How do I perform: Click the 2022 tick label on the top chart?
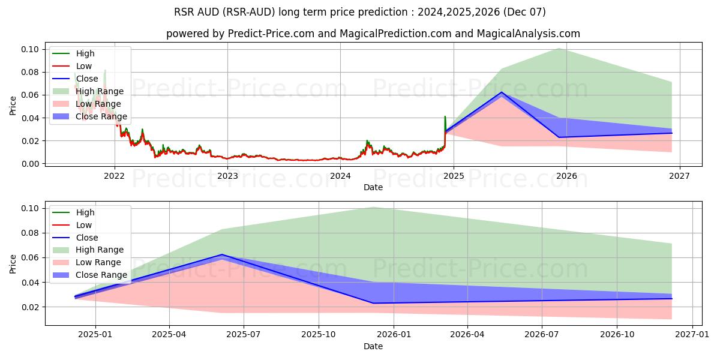tap(114, 176)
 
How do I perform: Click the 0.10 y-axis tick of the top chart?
tap(30, 49)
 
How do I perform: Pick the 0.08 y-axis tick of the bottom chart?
tap(30, 233)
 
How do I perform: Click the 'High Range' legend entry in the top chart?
tap(99, 91)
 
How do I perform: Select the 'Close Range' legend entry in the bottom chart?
tap(101, 275)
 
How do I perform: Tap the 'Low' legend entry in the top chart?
tap(84, 66)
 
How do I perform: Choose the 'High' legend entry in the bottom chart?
tap(85, 212)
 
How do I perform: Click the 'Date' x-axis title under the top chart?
tap(373, 187)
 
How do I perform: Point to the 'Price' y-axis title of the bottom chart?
tap(13, 263)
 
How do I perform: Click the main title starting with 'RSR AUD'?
tap(360, 12)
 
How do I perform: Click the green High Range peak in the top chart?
tap(559, 48)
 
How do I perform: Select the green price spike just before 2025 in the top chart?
tap(445, 116)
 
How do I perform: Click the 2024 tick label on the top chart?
tap(340, 176)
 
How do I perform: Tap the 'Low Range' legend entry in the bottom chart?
tap(98, 262)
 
